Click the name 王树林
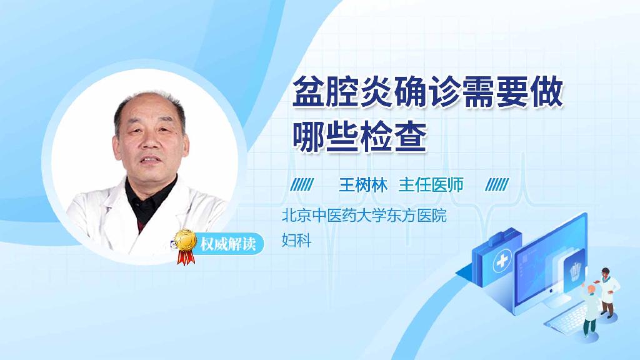(x=364, y=185)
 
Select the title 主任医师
(x=431, y=185)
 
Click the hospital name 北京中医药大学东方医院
(x=364, y=216)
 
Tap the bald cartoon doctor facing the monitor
(x=590, y=309)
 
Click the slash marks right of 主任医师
(x=497, y=185)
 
